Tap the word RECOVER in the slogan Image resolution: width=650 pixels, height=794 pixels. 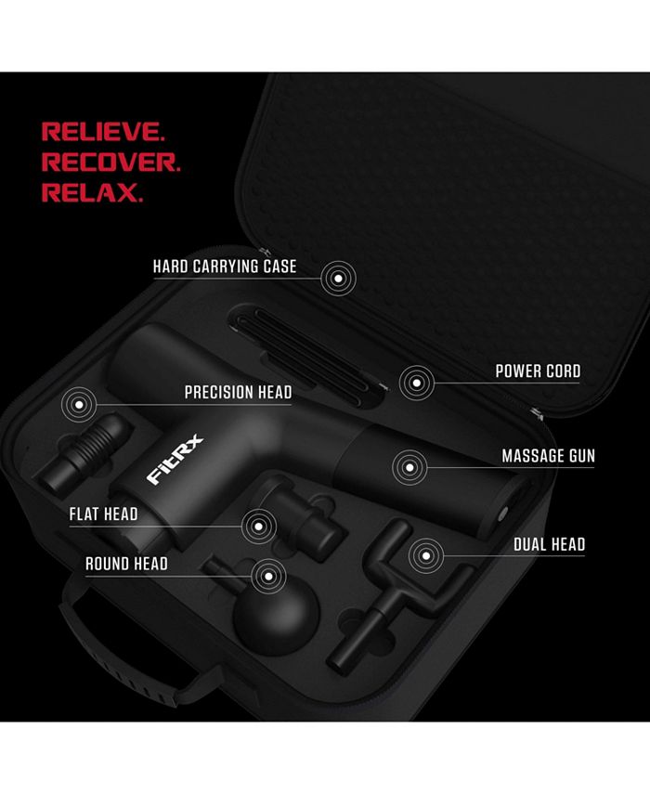point(110,163)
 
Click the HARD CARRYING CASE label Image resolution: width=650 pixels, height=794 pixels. point(225,267)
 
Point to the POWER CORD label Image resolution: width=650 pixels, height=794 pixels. point(538,371)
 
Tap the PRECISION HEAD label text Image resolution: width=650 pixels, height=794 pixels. point(238,393)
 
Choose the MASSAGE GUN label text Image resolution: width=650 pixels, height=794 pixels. point(548,457)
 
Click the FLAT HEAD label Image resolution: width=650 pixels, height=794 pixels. point(103,514)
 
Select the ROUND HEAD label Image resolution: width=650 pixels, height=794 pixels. point(126,564)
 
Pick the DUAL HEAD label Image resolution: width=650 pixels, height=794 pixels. point(549,544)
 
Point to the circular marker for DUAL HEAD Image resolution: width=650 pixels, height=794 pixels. point(425,555)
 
